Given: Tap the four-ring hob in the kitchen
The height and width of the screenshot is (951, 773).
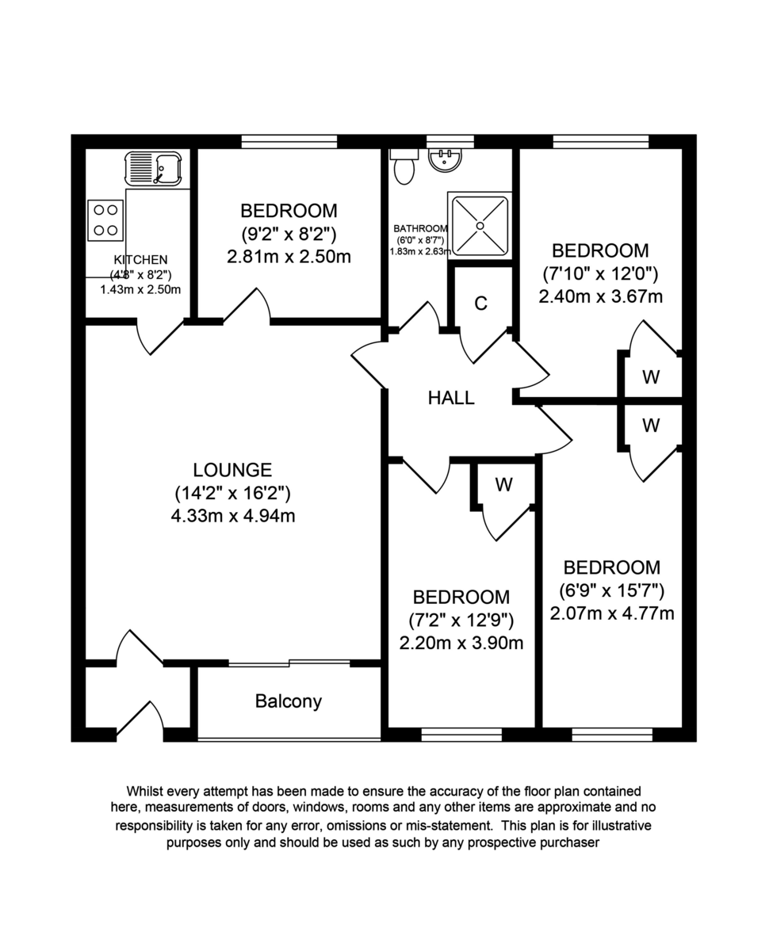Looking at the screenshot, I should [x=105, y=220].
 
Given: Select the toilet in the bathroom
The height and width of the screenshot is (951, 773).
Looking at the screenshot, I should [x=404, y=167].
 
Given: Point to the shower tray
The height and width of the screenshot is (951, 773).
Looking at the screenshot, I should [x=480, y=224].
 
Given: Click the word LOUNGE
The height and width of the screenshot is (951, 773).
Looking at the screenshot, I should [x=233, y=470].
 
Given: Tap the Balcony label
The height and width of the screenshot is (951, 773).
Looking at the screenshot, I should [x=289, y=701].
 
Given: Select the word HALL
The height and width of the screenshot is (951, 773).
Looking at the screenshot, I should [x=451, y=398].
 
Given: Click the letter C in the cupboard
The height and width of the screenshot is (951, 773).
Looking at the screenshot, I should [x=480, y=304].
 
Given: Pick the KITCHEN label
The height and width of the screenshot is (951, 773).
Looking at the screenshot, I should [x=140, y=260].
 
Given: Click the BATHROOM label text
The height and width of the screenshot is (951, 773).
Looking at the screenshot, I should [x=420, y=228].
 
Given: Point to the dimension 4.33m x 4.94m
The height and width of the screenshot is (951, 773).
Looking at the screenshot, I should [x=233, y=517].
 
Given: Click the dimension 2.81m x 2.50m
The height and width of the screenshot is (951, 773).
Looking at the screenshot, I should [x=289, y=257].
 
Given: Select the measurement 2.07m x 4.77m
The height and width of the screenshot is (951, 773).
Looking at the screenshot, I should [x=612, y=613].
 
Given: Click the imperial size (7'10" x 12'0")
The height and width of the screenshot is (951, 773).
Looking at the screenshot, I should [x=600, y=274].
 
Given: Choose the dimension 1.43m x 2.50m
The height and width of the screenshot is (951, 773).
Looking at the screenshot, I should [x=140, y=289].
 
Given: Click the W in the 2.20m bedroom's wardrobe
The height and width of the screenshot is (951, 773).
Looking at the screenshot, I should [x=504, y=485].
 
